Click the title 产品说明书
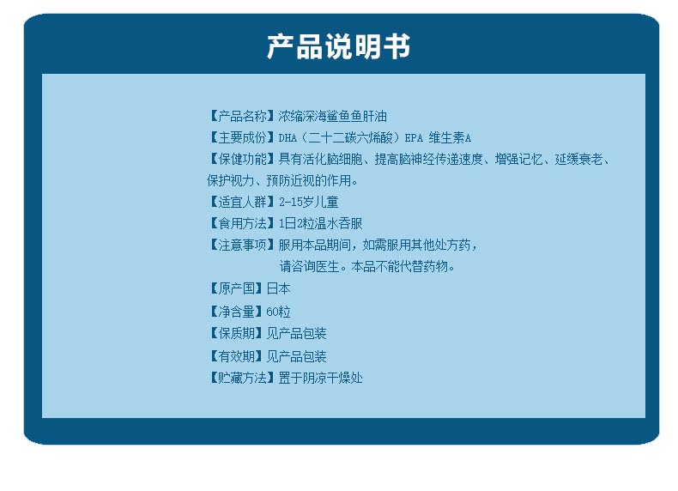tap(338, 46)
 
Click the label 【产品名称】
tap(242, 116)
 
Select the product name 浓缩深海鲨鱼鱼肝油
tap(332, 116)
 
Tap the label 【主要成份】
tap(242, 137)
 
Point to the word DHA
tap(288, 138)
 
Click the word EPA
tap(414, 138)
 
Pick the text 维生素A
tap(450, 137)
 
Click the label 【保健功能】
tap(242, 159)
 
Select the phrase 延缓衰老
tap(579, 159)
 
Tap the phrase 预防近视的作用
tap(308, 180)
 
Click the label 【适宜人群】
tap(242, 202)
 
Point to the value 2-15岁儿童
tap(308, 202)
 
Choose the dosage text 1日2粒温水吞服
tap(320, 223)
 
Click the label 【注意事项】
tap(242, 245)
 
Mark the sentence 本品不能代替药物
tap(399, 266)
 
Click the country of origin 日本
tap(278, 288)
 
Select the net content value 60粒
tap(278, 312)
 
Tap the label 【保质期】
tap(236, 333)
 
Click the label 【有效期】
tap(236, 356)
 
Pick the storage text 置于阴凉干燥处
tap(320, 378)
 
